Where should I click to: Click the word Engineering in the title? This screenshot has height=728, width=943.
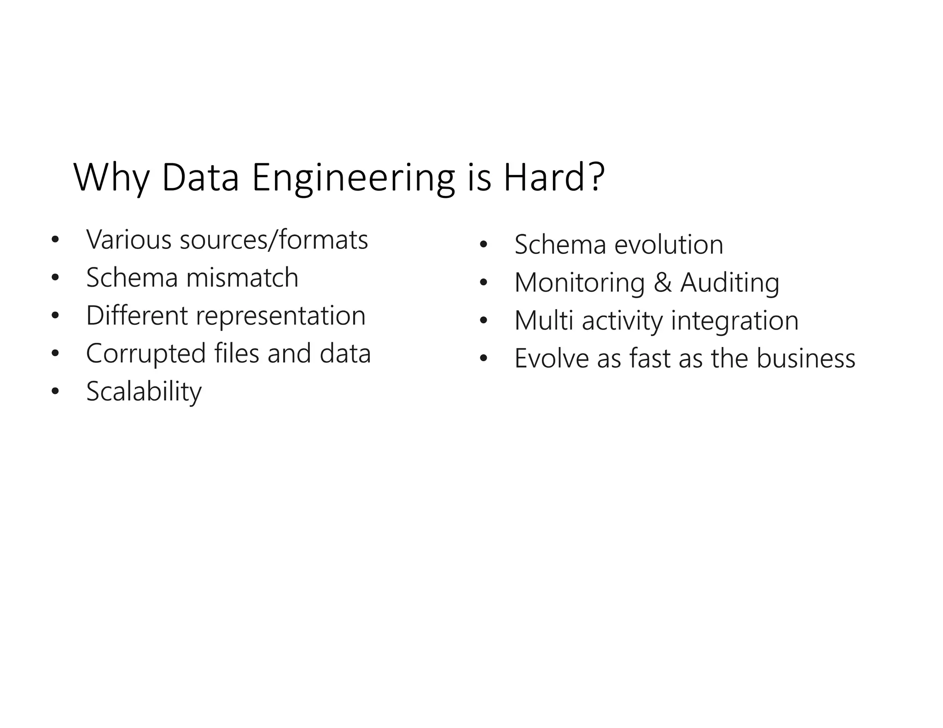(x=353, y=179)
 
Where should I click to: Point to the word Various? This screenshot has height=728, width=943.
(x=129, y=240)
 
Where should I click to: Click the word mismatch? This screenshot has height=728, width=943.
(x=242, y=277)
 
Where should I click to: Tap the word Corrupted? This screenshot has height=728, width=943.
(x=146, y=354)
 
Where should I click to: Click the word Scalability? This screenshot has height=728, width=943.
(x=144, y=392)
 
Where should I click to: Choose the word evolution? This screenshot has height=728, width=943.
(x=669, y=244)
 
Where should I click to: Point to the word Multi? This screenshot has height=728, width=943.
(x=544, y=320)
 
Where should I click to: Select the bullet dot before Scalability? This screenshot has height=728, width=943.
(x=55, y=392)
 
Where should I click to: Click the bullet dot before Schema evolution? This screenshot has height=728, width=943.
(x=483, y=245)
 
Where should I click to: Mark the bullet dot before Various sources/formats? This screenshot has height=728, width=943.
(x=55, y=240)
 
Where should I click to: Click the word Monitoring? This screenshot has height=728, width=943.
(x=580, y=283)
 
